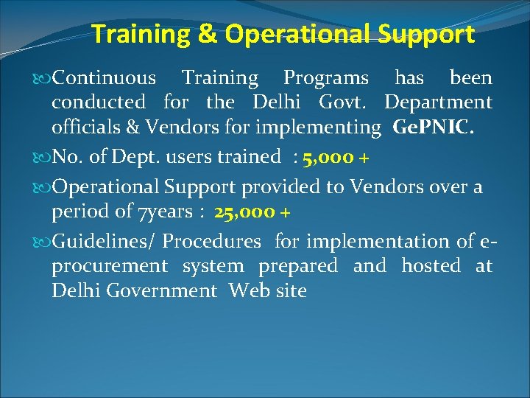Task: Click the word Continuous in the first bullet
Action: (x=105, y=77)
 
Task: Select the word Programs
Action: (x=327, y=77)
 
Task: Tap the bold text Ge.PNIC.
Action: (x=439, y=128)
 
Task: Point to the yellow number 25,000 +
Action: (x=253, y=212)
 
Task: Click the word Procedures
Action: (x=212, y=241)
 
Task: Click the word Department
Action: (x=438, y=102)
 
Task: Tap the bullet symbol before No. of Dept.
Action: (x=45, y=157)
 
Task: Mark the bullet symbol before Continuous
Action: (x=45, y=78)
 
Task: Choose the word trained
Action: (x=250, y=156)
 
